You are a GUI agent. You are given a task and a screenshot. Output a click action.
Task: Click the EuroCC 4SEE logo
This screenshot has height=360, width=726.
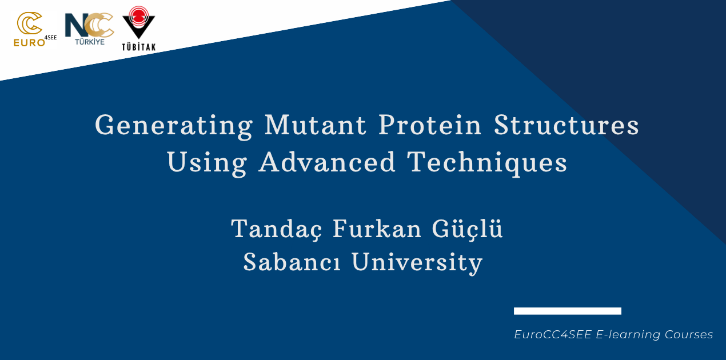click(x=35, y=30)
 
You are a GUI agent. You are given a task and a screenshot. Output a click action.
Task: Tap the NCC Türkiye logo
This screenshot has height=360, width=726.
click(x=89, y=29)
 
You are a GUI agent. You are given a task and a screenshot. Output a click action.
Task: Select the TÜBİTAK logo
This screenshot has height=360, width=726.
click(x=139, y=29)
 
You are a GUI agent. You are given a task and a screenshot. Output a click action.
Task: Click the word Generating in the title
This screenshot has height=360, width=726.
click(x=173, y=126)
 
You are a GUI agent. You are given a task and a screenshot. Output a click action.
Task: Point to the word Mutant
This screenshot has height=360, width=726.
click(x=316, y=125)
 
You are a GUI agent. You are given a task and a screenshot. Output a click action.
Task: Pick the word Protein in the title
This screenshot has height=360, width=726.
click(x=430, y=125)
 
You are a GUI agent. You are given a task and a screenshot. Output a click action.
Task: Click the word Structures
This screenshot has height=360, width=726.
click(x=566, y=125)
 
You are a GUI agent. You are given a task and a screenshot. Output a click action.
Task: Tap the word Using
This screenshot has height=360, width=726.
click(x=207, y=163)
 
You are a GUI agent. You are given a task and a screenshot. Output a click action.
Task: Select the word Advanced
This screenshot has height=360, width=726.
click(x=327, y=162)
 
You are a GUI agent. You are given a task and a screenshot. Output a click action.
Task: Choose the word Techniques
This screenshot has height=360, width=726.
click(x=487, y=163)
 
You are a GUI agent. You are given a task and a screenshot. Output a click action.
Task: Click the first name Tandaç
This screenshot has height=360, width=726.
click(x=277, y=229)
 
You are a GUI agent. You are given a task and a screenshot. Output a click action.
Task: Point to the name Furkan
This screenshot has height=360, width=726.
click(x=377, y=229)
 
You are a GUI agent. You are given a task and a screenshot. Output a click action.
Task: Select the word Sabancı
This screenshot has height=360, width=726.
click(x=292, y=262)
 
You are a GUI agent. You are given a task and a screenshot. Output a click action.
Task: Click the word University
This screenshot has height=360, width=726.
click(x=417, y=263)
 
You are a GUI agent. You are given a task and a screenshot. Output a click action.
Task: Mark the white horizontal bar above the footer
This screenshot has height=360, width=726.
click(x=568, y=311)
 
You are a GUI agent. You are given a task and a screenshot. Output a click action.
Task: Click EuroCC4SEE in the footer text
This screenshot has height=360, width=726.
click(x=553, y=334)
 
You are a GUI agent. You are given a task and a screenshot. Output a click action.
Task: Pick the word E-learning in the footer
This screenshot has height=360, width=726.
click(x=628, y=335)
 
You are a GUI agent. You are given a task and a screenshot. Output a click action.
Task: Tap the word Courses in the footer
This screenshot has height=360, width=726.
click(x=689, y=334)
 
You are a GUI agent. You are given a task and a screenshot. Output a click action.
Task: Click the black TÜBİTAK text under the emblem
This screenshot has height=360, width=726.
click(x=139, y=47)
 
